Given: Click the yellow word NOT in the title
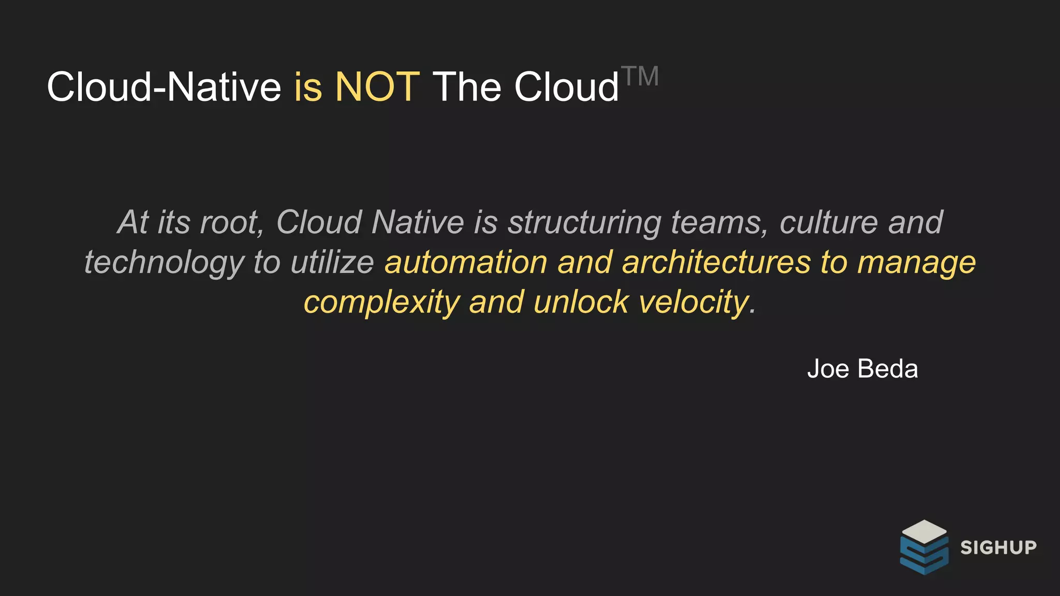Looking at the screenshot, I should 377,86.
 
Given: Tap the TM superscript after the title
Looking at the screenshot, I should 640,77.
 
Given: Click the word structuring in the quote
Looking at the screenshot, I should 584,222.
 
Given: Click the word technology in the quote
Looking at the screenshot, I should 164,262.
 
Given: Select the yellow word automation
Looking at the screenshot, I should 466,262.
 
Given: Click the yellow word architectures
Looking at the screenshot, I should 716,262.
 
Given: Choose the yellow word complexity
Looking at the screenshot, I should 381,302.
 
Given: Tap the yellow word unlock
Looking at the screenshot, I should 581,302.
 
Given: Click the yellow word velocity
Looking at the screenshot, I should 694,302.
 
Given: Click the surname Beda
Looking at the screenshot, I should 888,369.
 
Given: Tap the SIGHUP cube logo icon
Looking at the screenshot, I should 924,547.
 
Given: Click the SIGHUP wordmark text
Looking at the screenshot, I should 998,547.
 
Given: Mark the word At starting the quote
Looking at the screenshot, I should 133,222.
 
